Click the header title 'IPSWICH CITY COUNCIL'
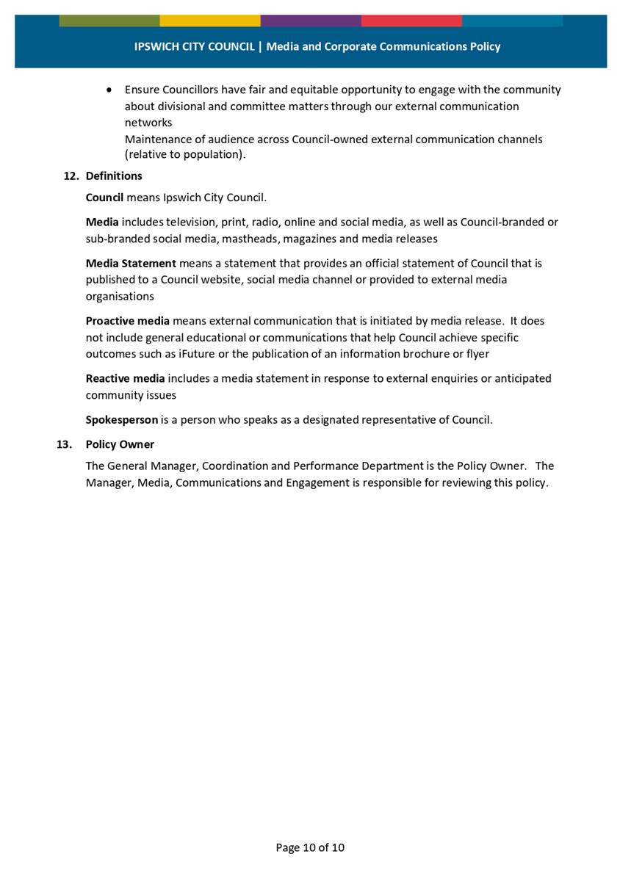(x=194, y=46)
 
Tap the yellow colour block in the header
(x=210, y=20)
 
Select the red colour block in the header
(x=411, y=20)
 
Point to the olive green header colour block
(x=109, y=20)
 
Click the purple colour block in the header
(x=311, y=20)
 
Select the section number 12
(x=71, y=176)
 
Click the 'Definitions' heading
(x=114, y=176)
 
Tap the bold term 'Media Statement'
(x=131, y=263)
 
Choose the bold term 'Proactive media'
(x=128, y=321)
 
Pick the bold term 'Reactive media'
(x=125, y=379)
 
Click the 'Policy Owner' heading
(x=120, y=444)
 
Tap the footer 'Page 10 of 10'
(x=310, y=847)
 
